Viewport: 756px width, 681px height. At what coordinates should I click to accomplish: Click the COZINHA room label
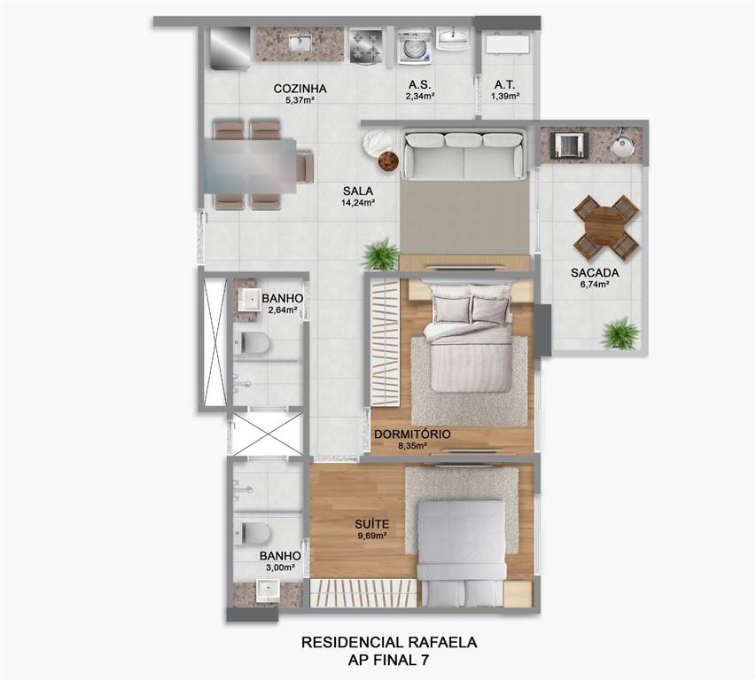pyautogui.click(x=300, y=89)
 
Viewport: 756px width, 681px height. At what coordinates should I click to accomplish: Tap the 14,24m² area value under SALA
pyautogui.click(x=358, y=202)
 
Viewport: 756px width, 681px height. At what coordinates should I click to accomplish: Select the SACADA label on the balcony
pyautogui.click(x=595, y=272)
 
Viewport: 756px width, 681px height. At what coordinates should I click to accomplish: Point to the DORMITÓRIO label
pyautogui.click(x=412, y=434)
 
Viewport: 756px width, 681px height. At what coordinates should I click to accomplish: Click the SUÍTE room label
pyautogui.click(x=371, y=524)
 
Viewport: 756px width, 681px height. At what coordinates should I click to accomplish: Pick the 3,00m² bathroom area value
pyautogui.click(x=281, y=567)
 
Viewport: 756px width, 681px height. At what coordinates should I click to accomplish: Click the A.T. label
pyautogui.click(x=505, y=85)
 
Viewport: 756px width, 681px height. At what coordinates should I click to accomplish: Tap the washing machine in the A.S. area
pyautogui.click(x=415, y=46)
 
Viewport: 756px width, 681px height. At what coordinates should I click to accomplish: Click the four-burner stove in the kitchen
pyautogui.click(x=365, y=45)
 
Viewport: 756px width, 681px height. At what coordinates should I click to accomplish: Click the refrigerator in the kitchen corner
pyautogui.click(x=230, y=48)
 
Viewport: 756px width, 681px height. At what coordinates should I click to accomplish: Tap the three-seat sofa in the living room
pyautogui.click(x=464, y=154)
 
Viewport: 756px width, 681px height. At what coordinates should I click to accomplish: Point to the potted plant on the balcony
pyautogui.click(x=620, y=333)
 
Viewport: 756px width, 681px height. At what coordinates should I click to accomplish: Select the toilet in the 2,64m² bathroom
pyautogui.click(x=252, y=343)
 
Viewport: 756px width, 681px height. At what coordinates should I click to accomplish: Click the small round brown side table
pyautogui.click(x=388, y=161)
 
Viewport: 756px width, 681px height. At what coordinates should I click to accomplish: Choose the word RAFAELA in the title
pyautogui.click(x=442, y=642)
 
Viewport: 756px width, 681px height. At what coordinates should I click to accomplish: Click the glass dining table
pyautogui.click(x=250, y=166)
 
